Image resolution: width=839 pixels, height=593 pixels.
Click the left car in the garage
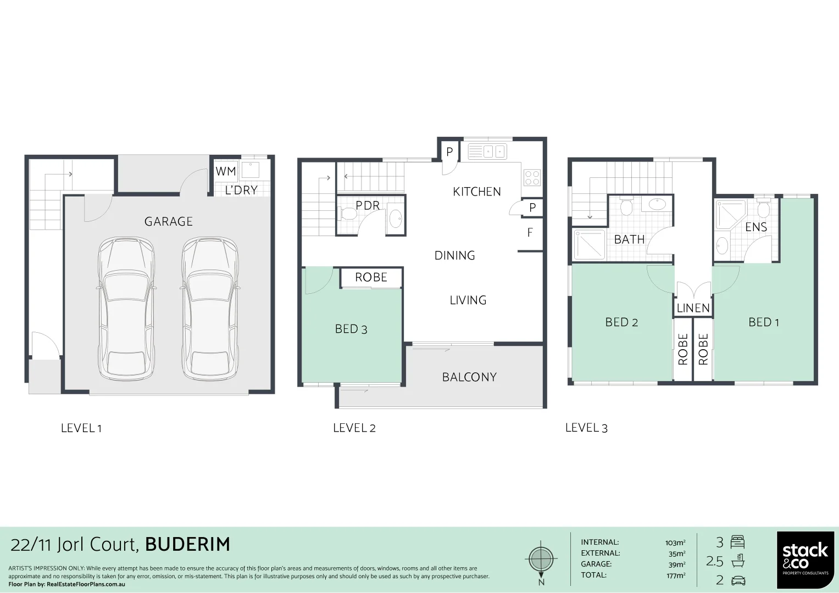click(x=126, y=309)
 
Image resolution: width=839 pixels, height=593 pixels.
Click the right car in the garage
click(x=210, y=309)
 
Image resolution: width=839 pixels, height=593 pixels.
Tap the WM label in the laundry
click(x=225, y=171)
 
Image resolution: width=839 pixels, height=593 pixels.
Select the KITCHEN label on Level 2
click(x=476, y=192)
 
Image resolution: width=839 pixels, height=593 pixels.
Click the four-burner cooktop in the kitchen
click(x=532, y=177)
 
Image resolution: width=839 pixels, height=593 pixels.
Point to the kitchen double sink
click(x=487, y=152)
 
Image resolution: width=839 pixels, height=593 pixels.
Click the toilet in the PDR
click(x=348, y=214)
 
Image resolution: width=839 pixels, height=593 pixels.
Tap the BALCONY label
click(x=469, y=377)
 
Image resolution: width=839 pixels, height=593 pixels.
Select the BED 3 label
click(x=351, y=329)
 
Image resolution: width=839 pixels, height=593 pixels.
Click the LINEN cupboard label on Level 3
click(x=693, y=308)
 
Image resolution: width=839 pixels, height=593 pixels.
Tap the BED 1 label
click(x=763, y=322)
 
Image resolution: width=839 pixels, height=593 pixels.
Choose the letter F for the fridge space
click(x=530, y=233)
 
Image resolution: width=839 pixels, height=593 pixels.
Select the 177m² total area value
click(x=675, y=575)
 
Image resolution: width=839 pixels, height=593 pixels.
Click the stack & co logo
click(x=805, y=558)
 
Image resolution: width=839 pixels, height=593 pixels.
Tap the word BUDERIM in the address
click(x=187, y=544)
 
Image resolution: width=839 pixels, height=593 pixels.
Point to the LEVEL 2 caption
click(x=354, y=428)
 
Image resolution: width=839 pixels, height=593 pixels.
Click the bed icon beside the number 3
click(x=737, y=542)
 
